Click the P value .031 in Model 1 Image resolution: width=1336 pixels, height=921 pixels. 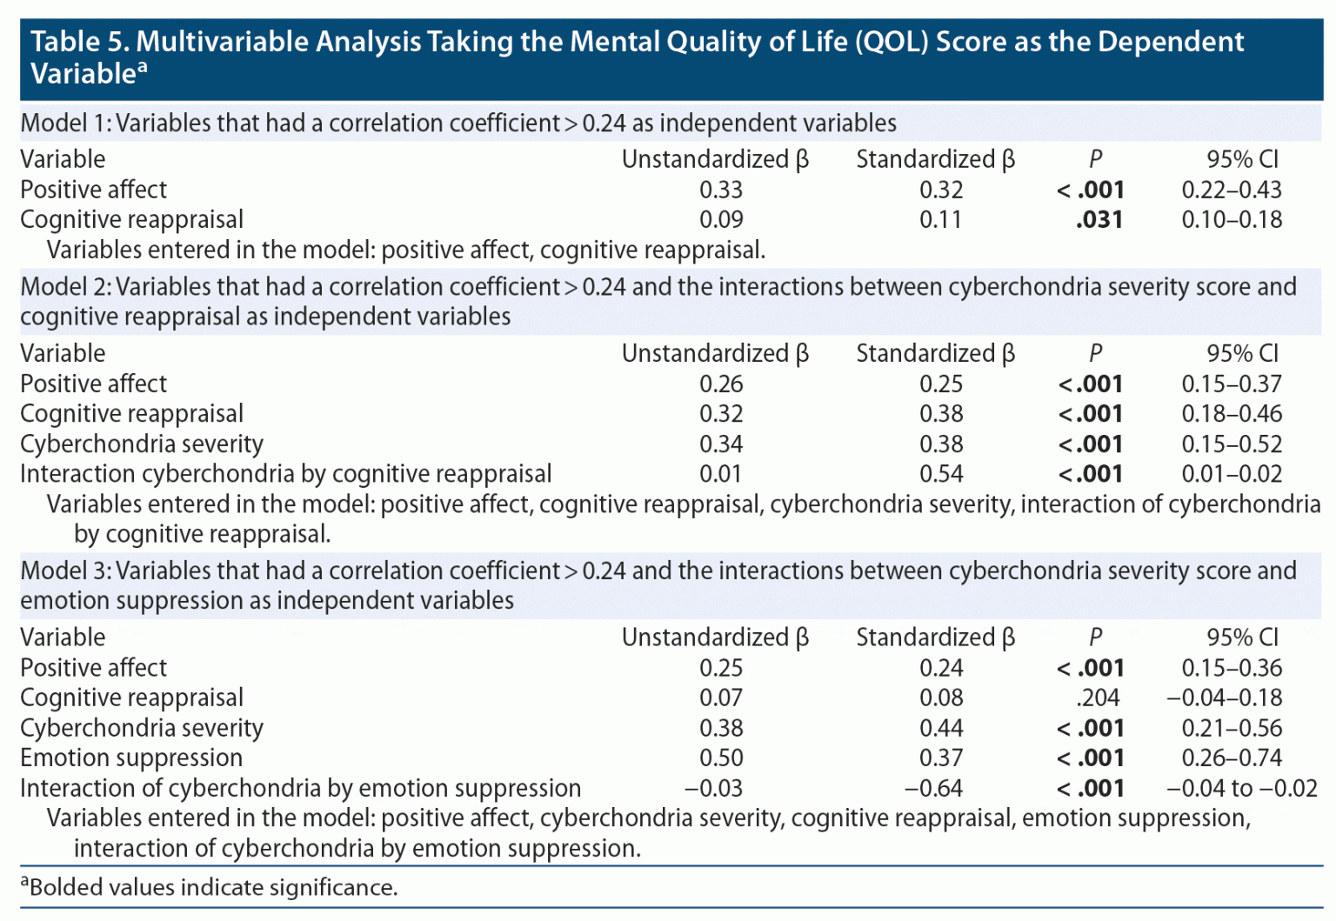point(1099,220)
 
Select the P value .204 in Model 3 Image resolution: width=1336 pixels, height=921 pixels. point(1097,697)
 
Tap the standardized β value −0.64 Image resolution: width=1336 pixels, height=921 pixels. point(933,788)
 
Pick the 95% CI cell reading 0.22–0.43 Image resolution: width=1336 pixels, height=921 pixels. point(1231,190)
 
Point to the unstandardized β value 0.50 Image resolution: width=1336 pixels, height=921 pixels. point(721,757)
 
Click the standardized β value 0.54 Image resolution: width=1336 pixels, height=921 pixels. point(941,474)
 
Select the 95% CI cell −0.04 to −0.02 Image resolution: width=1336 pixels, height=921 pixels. point(1241,788)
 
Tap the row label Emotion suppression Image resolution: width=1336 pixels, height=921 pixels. point(131,757)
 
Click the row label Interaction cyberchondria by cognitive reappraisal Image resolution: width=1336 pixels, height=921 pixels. point(285,474)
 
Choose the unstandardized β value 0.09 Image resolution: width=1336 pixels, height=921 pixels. point(721,220)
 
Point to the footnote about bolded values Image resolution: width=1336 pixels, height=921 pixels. point(209,887)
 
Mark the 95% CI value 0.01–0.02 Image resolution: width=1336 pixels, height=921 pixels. point(1231,474)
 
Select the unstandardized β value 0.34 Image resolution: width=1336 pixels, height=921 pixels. point(721,444)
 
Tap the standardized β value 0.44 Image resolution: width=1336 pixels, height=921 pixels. point(941,728)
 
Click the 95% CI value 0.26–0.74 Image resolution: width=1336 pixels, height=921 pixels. point(1231,757)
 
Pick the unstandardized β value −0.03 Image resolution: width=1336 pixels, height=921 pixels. point(713,788)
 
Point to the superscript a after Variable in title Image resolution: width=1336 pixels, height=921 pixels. point(143,67)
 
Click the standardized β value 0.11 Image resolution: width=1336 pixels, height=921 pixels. point(941,220)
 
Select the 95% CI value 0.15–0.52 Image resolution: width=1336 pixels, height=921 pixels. point(1231,444)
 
